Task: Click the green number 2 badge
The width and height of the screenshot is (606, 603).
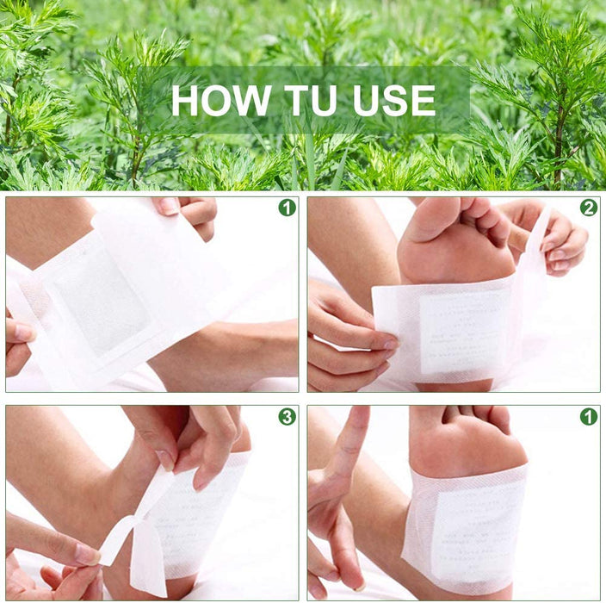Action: click(x=589, y=208)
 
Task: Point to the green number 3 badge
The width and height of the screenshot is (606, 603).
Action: click(x=287, y=417)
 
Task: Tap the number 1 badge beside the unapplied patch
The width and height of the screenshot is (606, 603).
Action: click(x=287, y=208)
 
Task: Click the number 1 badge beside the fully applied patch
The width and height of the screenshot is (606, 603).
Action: click(x=589, y=417)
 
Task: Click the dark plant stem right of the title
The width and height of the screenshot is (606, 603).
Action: click(x=560, y=129)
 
